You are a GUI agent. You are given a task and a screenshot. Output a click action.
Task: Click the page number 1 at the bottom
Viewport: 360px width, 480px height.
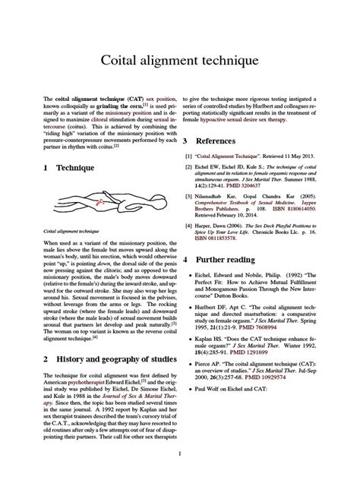coord(179,454)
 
